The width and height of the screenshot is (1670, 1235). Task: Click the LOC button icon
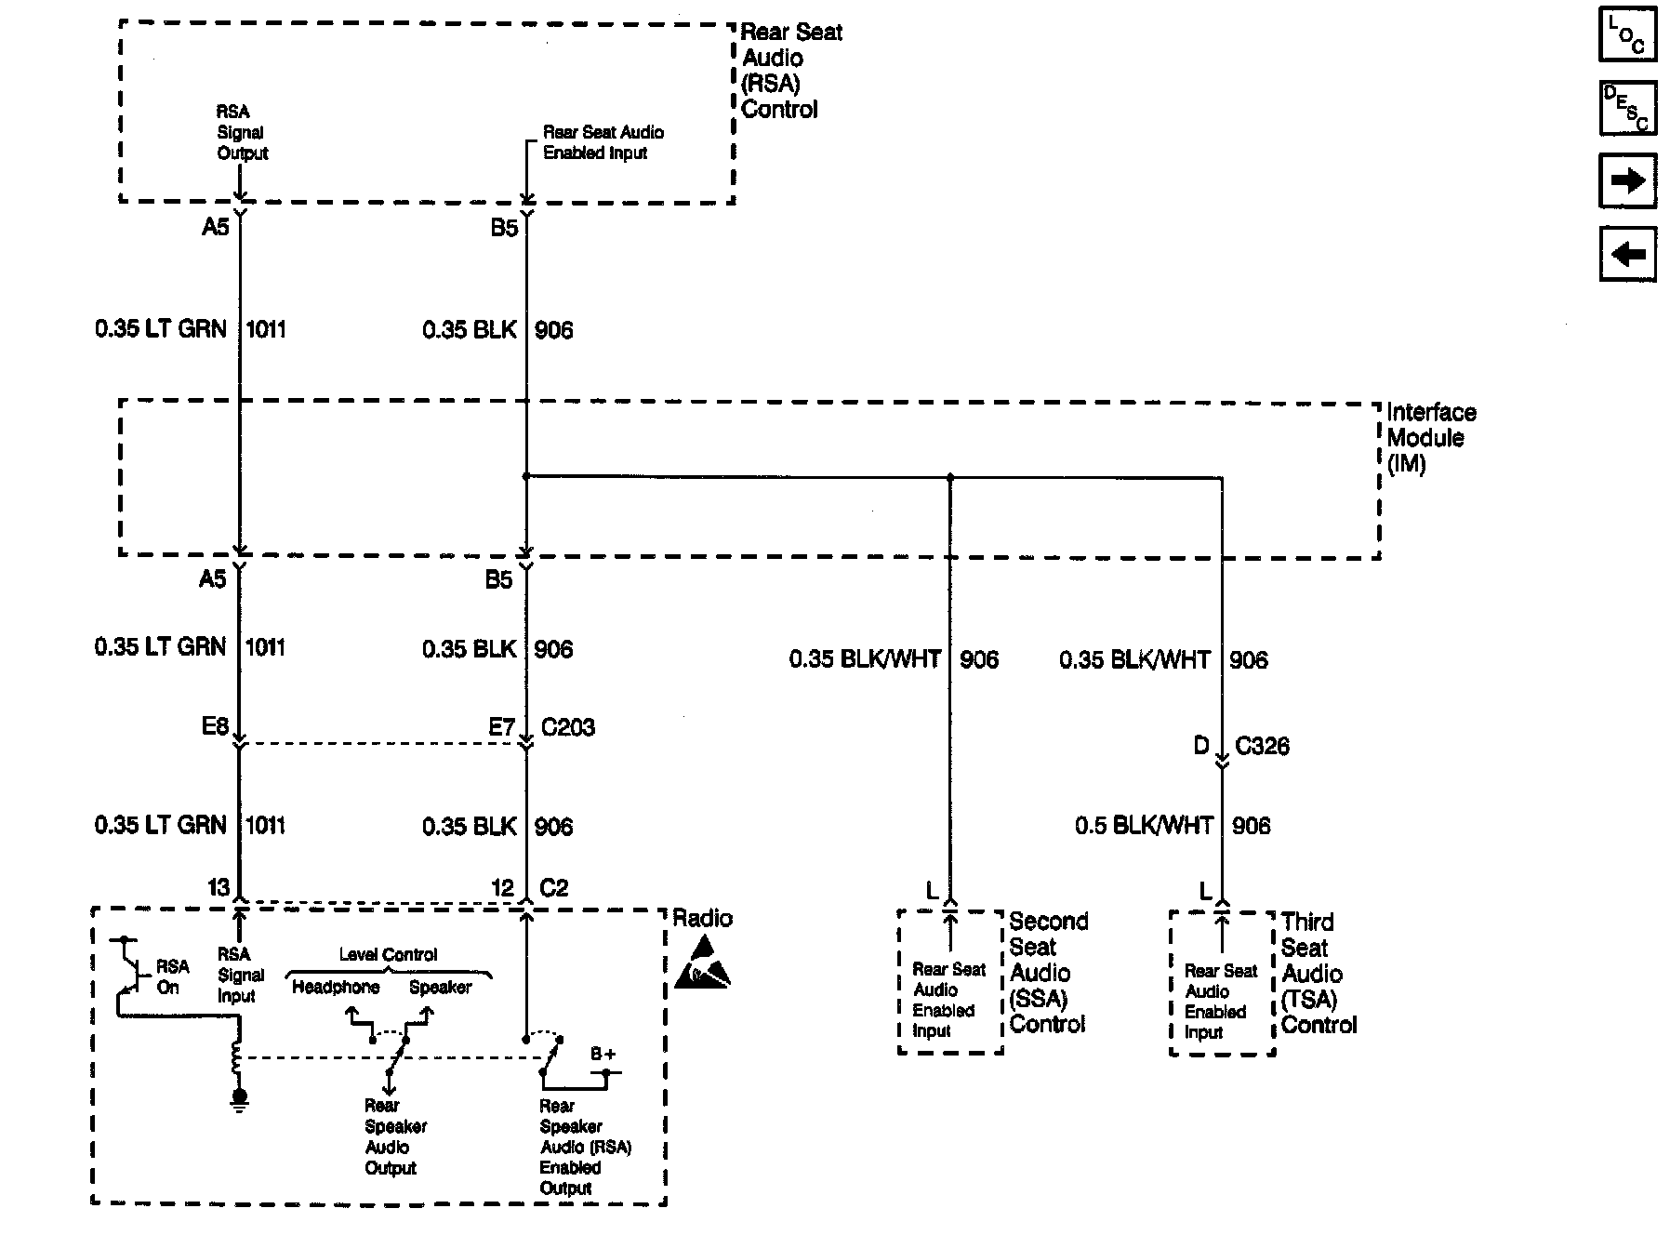tap(1626, 33)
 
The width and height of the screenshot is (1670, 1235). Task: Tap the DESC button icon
tap(1626, 107)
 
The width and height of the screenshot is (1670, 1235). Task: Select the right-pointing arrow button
tap(1626, 180)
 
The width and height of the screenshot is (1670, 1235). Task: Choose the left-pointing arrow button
tap(1626, 254)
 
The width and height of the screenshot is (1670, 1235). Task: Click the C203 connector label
tap(567, 727)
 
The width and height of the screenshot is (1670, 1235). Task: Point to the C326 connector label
tap(1262, 746)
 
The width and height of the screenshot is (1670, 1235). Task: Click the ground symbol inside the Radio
tap(240, 1100)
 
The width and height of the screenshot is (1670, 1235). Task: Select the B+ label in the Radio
tap(603, 1055)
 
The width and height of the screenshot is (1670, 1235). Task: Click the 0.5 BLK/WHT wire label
tap(1144, 826)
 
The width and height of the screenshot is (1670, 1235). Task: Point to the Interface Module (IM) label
tap(1430, 438)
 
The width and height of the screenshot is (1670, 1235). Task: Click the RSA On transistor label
tap(172, 976)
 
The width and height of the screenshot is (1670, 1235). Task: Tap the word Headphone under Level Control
tap(336, 988)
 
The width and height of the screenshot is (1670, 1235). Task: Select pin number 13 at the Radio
tap(219, 888)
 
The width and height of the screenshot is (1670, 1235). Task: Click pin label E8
tap(215, 726)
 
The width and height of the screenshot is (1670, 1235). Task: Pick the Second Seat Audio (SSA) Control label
tap(1048, 973)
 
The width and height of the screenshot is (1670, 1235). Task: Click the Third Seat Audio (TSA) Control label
tap(1319, 974)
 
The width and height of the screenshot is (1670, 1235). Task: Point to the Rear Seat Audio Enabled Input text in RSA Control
tap(603, 142)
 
